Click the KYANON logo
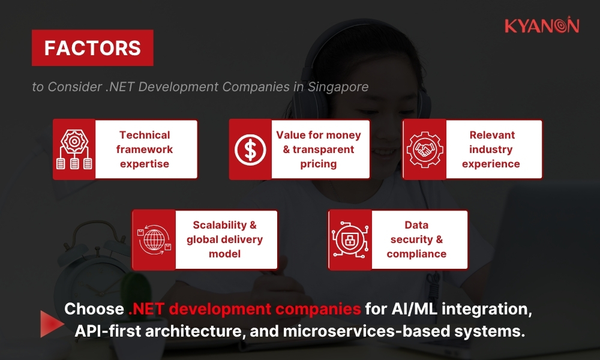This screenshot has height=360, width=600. pyautogui.click(x=541, y=25)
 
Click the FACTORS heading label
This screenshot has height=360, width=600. pyautogui.click(x=92, y=48)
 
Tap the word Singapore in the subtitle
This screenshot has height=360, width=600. pyautogui.click(x=338, y=86)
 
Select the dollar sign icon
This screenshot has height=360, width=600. pyautogui.click(x=250, y=149)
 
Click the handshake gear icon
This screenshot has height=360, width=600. pyautogui.click(x=424, y=149)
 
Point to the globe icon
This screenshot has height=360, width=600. pyautogui.click(x=154, y=239)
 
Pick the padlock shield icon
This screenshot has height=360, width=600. pyautogui.click(x=350, y=239)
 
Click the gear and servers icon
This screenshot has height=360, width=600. pyautogui.click(x=74, y=149)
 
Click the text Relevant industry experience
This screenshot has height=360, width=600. pyautogui.click(x=491, y=149)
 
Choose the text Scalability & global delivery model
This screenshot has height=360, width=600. pyautogui.click(x=224, y=239)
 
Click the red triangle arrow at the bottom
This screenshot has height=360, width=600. pyautogui.click(x=51, y=322)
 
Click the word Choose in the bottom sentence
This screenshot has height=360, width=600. pyautogui.click(x=94, y=310)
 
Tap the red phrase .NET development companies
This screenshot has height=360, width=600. pyautogui.click(x=245, y=310)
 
